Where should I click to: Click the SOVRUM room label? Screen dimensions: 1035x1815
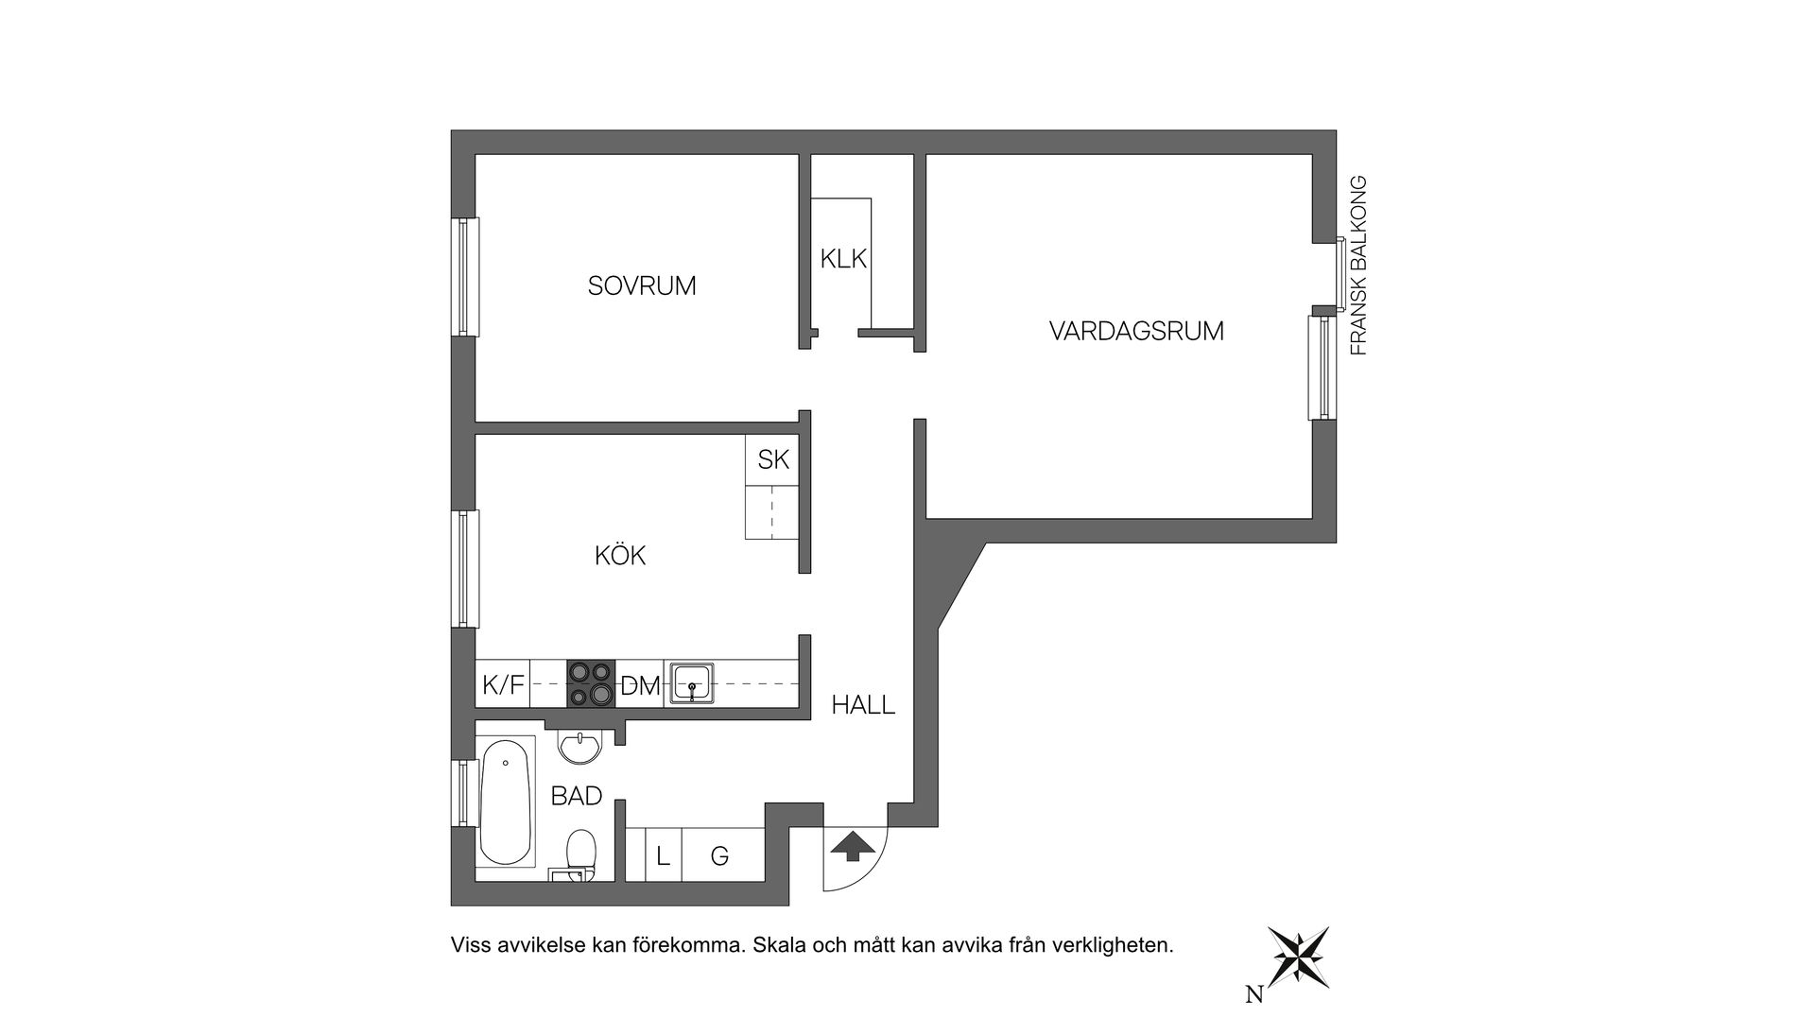(642, 285)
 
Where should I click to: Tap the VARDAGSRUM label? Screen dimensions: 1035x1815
(1136, 332)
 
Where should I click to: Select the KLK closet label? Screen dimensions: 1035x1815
(843, 258)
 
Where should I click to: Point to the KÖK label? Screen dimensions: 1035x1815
(620, 556)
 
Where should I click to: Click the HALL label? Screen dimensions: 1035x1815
(863, 705)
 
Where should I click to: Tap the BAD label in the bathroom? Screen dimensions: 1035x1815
(577, 797)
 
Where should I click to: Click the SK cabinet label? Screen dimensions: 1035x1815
(773, 460)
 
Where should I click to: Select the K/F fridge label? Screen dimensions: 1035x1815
(503, 685)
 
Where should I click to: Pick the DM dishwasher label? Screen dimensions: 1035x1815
(640, 686)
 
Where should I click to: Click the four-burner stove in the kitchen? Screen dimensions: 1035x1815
(591, 683)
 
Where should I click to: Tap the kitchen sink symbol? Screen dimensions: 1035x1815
(693, 683)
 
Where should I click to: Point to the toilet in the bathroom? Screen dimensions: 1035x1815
(579, 854)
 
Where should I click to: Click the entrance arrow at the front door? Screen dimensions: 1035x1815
(852, 847)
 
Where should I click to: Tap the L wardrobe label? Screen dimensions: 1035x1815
(664, 857)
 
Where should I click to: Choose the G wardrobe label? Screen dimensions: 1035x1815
(719, 857)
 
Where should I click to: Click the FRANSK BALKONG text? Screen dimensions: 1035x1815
(1358, 266)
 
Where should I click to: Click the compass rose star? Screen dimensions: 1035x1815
(1299, 957)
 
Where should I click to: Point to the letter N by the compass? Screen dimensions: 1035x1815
(1254, 994)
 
